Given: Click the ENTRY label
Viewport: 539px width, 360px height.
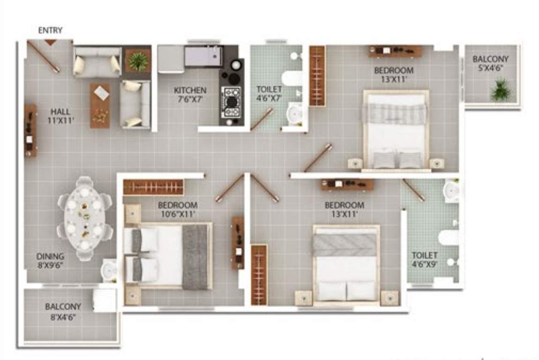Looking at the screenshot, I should pyautogui.click(x=50, y=30).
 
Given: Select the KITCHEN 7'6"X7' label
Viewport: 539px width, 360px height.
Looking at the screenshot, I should pyautogui.click(x=190, y=94).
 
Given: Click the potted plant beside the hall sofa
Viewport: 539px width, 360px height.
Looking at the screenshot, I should pyautogui.click(x=138, y=61).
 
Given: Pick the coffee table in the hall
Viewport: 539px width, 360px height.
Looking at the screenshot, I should pyautogui.click(x=100, y=105).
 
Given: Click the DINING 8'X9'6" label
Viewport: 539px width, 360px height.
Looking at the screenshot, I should pyautogui.click(x=51, y=261).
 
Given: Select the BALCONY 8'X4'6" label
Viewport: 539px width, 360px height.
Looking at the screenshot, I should pyautogui.click(x=63, y=311).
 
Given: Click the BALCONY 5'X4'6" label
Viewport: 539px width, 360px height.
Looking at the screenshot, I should pyautogui.click(x=490, y=63).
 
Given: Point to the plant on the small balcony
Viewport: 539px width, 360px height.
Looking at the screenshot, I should pyautogui.click(x=501, y=90).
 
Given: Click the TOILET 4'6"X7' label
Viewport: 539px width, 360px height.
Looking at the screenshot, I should pyautogui.click(x=269, y=93).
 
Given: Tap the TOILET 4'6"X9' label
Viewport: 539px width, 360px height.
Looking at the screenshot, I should pyautogui.click(x=425, y=260).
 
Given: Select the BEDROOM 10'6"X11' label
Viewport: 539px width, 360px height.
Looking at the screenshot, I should pyautogui.click(x=177, y=210).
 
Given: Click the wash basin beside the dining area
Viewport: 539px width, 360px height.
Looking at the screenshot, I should pyautogui.click(x=109, y=270).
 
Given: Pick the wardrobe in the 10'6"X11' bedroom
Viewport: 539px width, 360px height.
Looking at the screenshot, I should pyautogui.click(x=154, y=187).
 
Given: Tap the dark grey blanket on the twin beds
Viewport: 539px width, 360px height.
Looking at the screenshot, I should pyautogui.click(x=195, y=256).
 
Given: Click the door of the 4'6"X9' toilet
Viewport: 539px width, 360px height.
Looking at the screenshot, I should pyautogui.click(x=413, y=190).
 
